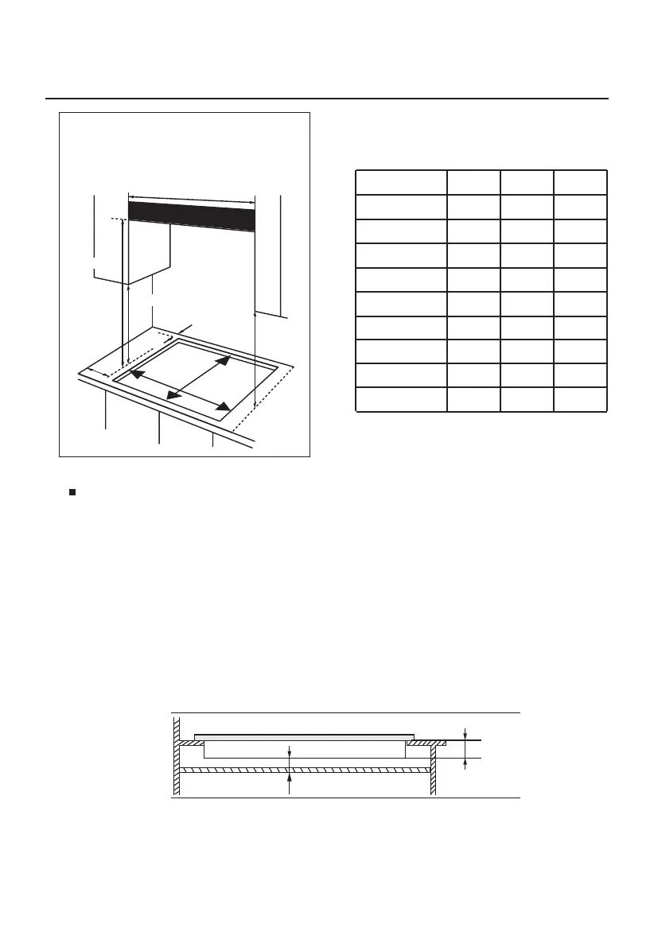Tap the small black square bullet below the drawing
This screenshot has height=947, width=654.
72,492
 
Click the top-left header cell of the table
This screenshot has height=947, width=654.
400,182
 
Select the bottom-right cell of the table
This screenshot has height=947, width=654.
580,399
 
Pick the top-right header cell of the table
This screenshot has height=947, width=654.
580,182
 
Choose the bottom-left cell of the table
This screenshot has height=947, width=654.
400,399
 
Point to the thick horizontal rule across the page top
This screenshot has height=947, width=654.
326,99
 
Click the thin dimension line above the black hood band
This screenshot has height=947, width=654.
191,198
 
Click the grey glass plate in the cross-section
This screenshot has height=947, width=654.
304,737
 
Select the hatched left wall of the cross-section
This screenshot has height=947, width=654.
177,755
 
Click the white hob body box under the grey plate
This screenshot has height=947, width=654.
304,749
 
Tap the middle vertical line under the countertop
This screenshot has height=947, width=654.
160,429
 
